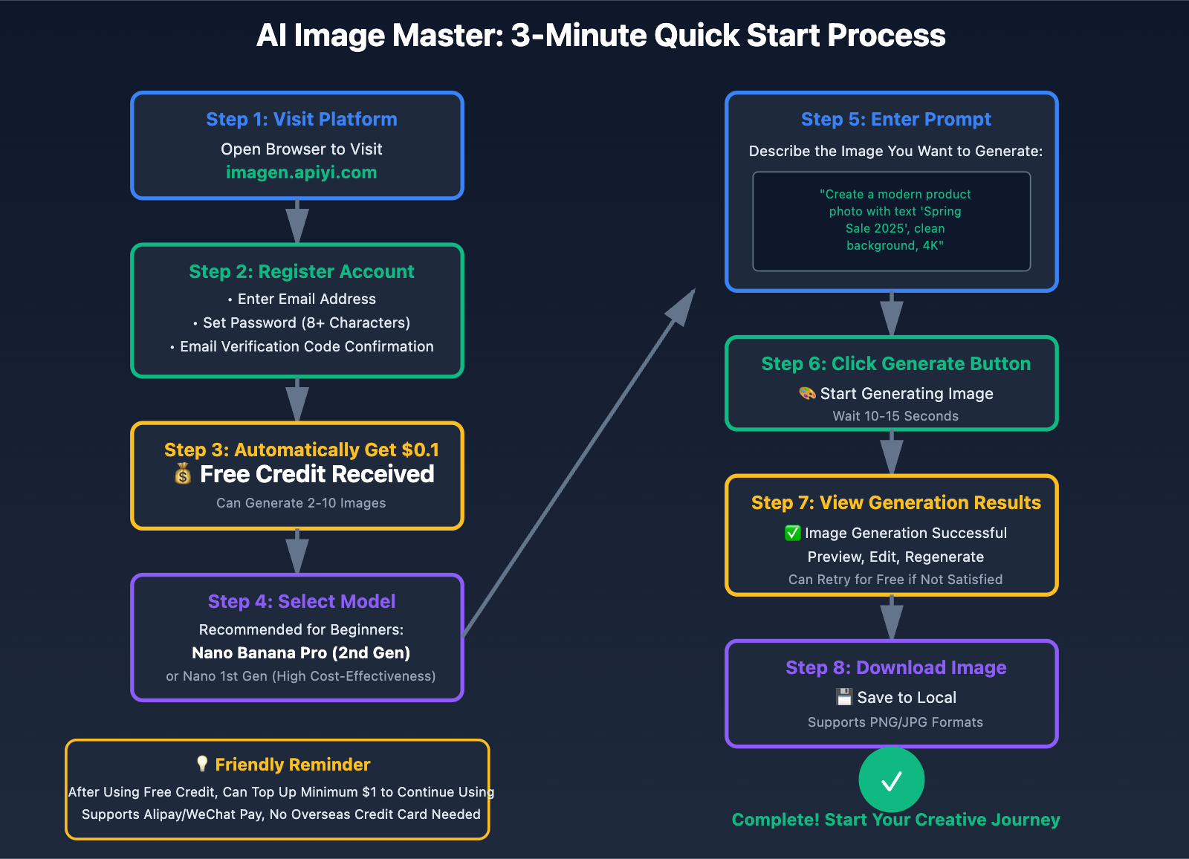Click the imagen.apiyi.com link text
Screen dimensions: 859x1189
pyautogui.click(x=301, y=172)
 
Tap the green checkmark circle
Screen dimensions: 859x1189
pyautogui.click(x=891, y=780)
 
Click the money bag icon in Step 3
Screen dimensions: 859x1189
pyautogui.click(x=183, y=473)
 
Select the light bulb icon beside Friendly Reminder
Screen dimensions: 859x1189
pyautogui.click(x=201, y=764)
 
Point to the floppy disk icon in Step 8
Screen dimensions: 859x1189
pyautogui.click(x=843, y=697)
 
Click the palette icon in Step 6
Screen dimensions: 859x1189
pyautogui.click(x=807, y=393)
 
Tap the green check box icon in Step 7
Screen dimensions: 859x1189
pyautogui.click(x=792, y=533)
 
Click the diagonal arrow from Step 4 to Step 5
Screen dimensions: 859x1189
pyautogui.click(x=580, y=461)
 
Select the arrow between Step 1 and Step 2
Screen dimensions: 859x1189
pyautogui.click(x=297, y=221)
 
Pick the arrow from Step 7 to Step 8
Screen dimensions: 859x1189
pyautogui.click(x=892, y=617)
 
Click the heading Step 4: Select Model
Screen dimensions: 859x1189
pyautogui.click(x=301, y=601)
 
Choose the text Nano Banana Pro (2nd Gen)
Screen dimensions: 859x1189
pyautogui.click(x=301, y=652)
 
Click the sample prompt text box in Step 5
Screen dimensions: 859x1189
pyautogui.click(x=892, y=221)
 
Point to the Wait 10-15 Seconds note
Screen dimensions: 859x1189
pyautogui.click(x=895, y=416)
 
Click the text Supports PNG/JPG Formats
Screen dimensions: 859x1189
pyautogui.click(x=895, y=722)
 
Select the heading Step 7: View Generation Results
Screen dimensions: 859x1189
pyautogui.click(x=895, y=502)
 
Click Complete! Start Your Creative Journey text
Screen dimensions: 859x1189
pyautogui.click(x=895, y=820)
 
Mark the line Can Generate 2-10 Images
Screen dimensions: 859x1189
pyautogui.click(x=301, y=503)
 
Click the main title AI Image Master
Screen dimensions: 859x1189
pyautogui.click(x=600, y=36)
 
